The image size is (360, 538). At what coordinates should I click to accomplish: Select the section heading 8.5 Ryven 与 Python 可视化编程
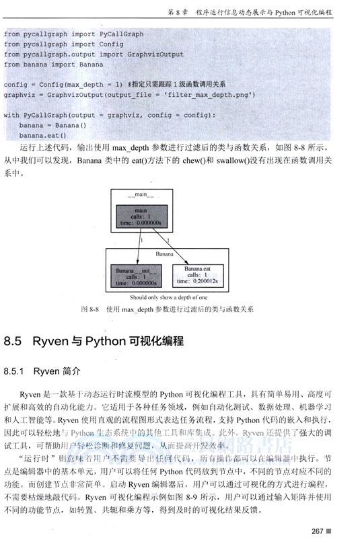(x=94, y=341)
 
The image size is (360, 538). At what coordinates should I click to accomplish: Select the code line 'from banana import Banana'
(x=53, y=65)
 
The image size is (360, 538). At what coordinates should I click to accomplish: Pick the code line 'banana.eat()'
(x=43, y=134)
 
